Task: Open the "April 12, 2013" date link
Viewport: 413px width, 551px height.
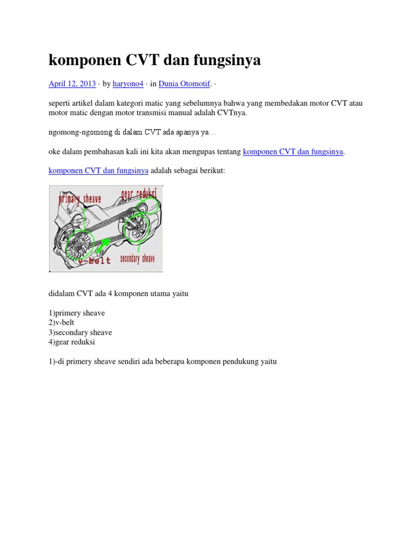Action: click(x=72, y=83)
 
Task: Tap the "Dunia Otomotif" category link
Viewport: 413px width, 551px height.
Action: click(x=184, y=83)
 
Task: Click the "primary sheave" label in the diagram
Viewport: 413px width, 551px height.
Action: click(x=80, y=200)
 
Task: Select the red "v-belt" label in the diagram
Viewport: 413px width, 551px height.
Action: click(x=94, y=260)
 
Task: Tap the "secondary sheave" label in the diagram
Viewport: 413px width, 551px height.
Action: click(x=137, y=259)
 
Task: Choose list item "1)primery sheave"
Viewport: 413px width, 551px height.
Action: click(x=77, y=313)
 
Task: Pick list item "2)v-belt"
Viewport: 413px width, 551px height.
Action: click(x=61, y=323)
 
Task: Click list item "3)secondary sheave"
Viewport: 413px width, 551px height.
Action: click(x=80, y=333)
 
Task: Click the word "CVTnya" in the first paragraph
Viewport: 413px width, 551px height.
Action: click(x=232, y=113)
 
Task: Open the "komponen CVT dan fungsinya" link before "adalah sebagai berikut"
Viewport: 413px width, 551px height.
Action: click(x=98, y=171)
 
